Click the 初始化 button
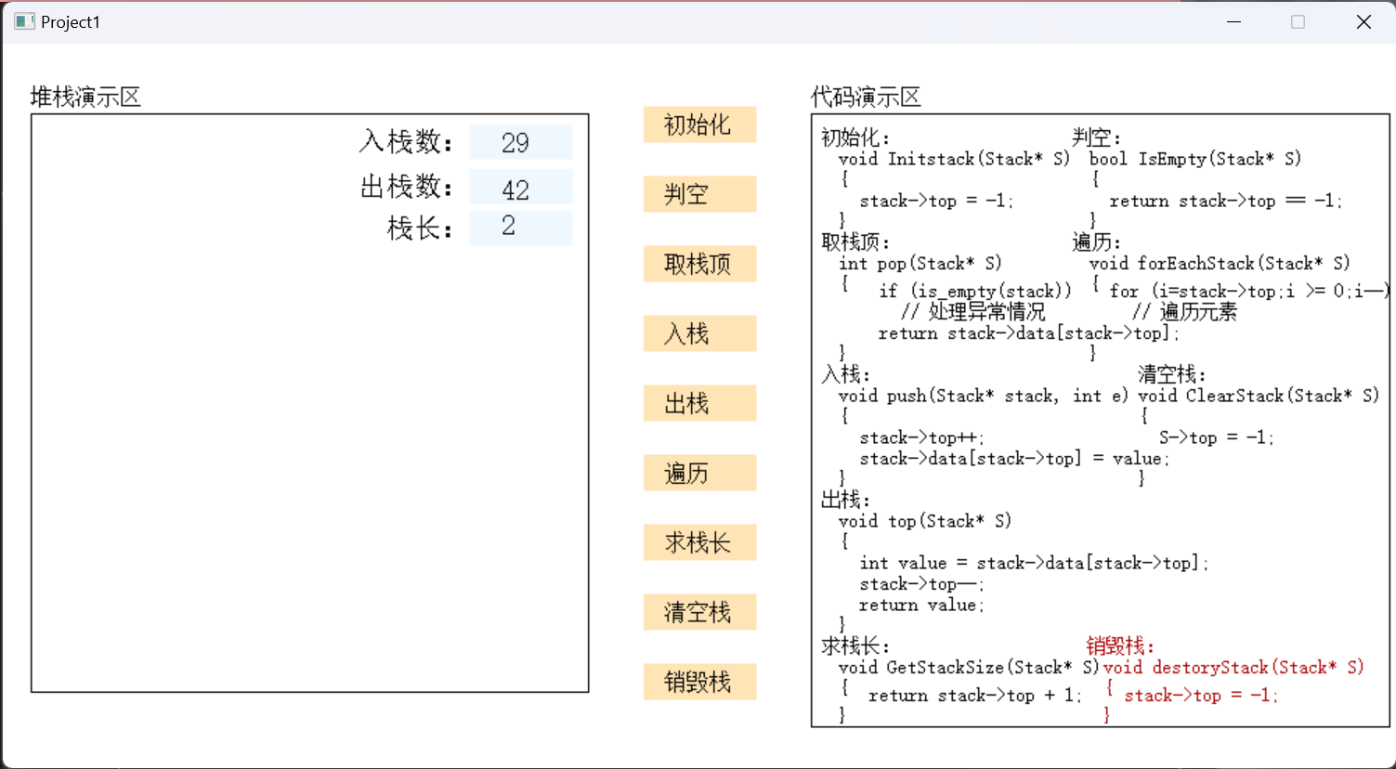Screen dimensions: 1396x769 pos(700,124)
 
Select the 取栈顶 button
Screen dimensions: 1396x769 pos(700,264)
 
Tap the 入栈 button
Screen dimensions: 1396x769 pos(700,334)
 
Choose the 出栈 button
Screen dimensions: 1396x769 pos(700,403)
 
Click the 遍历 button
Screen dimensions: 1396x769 pos(700,473)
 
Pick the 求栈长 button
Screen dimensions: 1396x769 pos(700,542)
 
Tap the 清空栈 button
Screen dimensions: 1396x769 pos(700,613)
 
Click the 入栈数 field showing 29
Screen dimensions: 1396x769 pos(521,142)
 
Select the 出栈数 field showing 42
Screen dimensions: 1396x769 pos(521,187)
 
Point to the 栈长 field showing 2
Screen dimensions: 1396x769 pos(521,228)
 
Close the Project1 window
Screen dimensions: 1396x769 pos(1363,21)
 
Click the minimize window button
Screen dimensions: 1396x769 pos(1234,21)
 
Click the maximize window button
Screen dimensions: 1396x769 pos(1298,21)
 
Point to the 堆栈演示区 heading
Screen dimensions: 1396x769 pos(86,98)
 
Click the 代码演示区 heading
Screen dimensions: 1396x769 pos(867,98)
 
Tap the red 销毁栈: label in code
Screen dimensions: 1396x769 pos(1120,645)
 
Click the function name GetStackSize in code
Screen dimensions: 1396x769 pos(945,668)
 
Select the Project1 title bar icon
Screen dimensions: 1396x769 pos(24,21)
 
